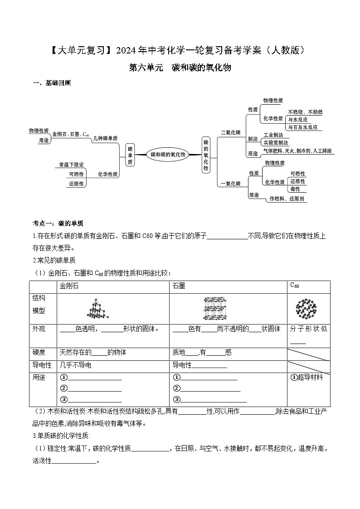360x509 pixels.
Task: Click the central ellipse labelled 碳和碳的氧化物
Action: [168, 155]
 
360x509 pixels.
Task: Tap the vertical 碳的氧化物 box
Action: [205, 155]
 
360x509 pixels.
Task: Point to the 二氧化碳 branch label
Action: [231, 132]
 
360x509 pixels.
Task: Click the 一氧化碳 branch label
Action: [230, 184]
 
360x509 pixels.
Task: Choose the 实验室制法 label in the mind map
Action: [276, 142]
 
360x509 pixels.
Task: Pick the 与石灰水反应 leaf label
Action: [303, 127]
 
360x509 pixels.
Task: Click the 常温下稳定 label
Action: [71, 165]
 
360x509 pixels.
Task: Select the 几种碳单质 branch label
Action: [105, 138]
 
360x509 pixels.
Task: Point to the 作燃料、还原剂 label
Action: [287, 199]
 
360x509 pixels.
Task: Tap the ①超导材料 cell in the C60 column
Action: [307, 377]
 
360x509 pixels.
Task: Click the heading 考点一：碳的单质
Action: [58, 223]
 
